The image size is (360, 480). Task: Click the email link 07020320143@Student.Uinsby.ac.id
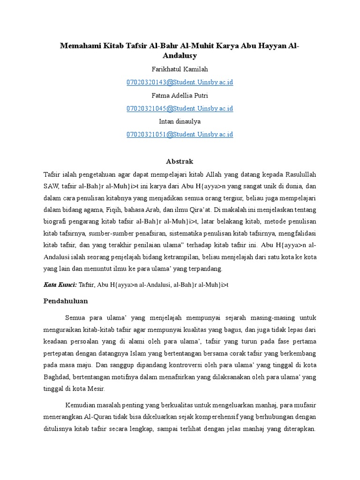click(180, 82)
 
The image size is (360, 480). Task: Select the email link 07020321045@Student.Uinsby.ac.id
click(180, 108)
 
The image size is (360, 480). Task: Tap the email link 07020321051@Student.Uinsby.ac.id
click(180, 135)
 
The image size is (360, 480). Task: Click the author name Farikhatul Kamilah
click(180, 69)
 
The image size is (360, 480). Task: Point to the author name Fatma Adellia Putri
click(180, 96)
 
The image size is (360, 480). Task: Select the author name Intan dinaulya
click(180, 121)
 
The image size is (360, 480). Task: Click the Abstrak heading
click(180, 161)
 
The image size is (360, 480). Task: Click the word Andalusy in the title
click(180, 56)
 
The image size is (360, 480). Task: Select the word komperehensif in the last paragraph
click(231, 416)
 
